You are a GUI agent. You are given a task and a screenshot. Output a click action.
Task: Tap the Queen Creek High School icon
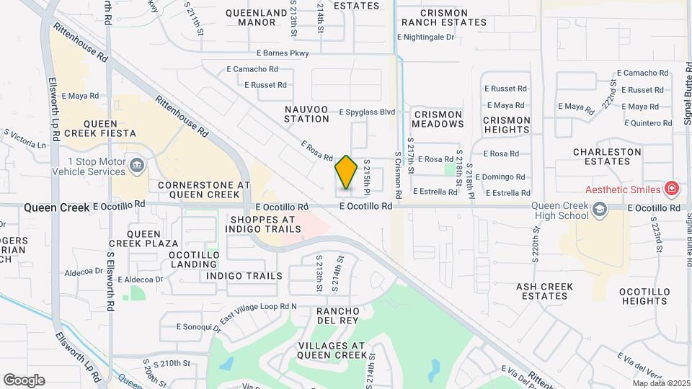pyautogui.click(x=599, y=210)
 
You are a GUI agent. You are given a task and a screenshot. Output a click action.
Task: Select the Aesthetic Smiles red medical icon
pyautogui.click(x=672, y=189)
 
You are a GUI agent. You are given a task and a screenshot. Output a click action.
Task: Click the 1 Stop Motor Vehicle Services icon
pyautogui.click(x=136, y=167)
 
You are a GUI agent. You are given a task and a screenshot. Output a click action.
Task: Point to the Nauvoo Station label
pyautogui.click(x=306, y=114)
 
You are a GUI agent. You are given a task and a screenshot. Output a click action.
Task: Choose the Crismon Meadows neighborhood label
pyautogui.click(x=438, y=119)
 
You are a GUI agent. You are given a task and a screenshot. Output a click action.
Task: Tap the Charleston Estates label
pyautogui.click(x=607, y=157)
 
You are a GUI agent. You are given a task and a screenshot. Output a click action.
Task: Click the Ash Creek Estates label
pyautogui.click(x=544, y=291)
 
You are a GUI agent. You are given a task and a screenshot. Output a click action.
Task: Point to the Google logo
pyautogui.click(x=24, y=380)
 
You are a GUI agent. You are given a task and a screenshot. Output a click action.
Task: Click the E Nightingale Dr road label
pyautogui.click(x=426, y=37)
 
